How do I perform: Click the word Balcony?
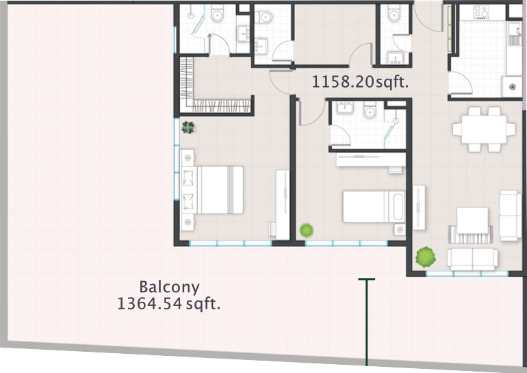[x=170, y=287]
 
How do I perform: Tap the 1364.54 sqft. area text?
[x=169, y=304]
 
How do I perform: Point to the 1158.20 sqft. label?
[x=360, y=81]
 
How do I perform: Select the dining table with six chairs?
[x=484, y=129]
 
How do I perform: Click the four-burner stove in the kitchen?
[x=480, y=12]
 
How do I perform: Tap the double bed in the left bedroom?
[x=212, y=190]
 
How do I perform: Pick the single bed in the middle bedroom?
[x=374, y=207]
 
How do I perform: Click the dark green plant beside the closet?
[x=188, y=127]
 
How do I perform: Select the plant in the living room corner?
[x=426, y=257]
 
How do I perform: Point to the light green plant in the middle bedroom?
[x=307, y=230]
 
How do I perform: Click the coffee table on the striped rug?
[x=472, y=221]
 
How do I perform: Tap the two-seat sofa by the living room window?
[x=472, y=259]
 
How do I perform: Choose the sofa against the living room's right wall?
[x=510, y=216]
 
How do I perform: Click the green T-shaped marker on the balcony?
[x=366, y=322]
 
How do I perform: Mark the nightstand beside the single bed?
[x=400, y=229]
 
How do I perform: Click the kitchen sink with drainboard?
[x=514, y=35]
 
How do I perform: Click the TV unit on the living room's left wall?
[x=419, y=207]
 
